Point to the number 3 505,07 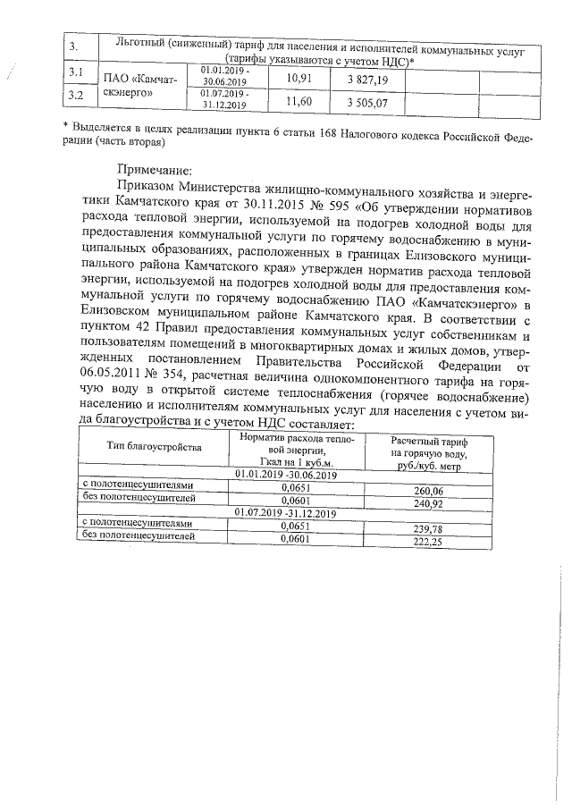367,104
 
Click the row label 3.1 76,72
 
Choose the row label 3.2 76,94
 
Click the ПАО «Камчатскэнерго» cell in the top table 139,87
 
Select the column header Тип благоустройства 148,445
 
